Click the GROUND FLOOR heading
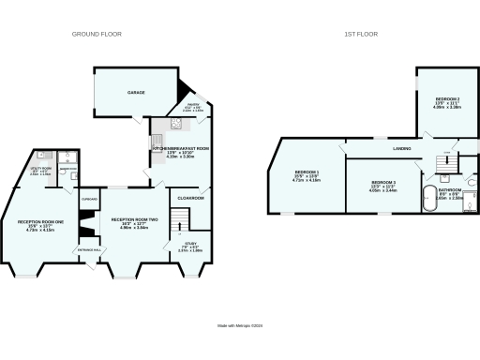[93, 34]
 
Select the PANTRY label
[192, 107]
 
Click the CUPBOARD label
[90, 200]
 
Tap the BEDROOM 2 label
[444, 99]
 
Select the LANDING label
[377, 148]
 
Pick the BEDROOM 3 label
[382, 182]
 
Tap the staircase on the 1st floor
[448, 156]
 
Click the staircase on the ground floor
[179, 218]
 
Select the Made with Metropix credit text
[240, 324]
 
